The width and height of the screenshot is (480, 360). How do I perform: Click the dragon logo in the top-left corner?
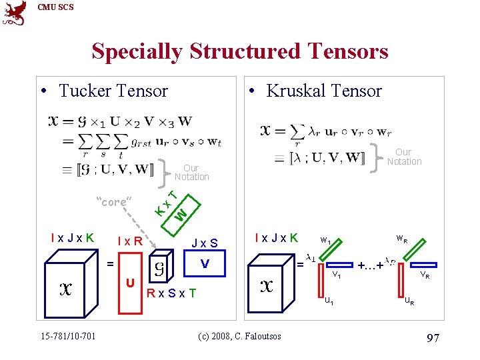click(15, 13)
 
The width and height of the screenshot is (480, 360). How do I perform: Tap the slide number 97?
click(432, 338)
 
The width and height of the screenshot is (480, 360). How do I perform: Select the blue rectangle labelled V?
click(205, 265)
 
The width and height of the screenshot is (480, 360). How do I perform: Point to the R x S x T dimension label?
click(172, 293)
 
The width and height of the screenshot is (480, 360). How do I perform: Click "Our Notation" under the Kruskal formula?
click(404, 157)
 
